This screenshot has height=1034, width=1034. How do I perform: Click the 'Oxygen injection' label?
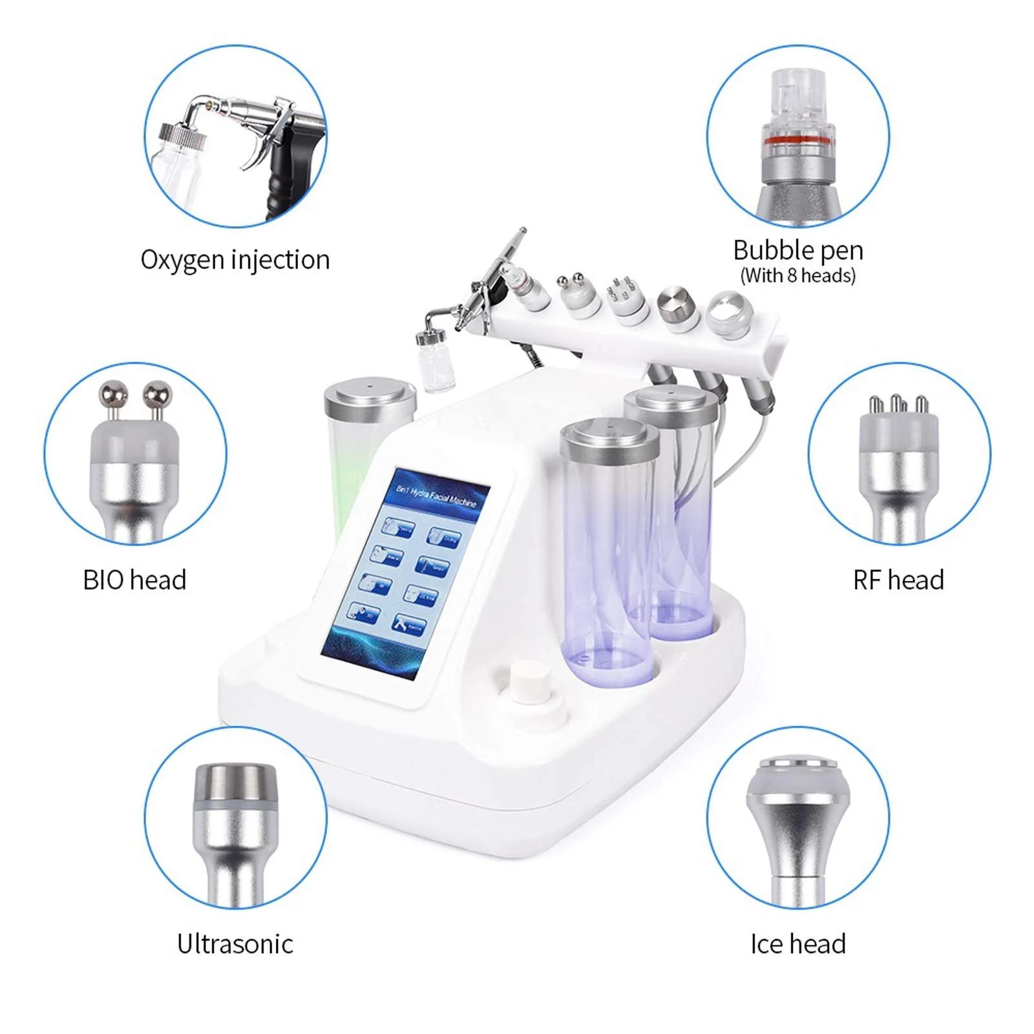point(235,260)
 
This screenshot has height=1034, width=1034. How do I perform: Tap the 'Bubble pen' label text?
point(797,250)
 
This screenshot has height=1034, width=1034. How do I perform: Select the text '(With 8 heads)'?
point(797,276)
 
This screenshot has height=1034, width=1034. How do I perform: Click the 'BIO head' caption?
point(134,580)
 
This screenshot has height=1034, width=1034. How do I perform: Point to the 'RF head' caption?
point(898,580)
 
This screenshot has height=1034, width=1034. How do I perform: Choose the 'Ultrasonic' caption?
point(235,944)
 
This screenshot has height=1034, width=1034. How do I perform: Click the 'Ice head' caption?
point(797,944)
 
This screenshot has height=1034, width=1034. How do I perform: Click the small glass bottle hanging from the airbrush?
point(437,368)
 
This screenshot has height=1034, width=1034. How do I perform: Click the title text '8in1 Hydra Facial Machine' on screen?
point(436,496)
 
